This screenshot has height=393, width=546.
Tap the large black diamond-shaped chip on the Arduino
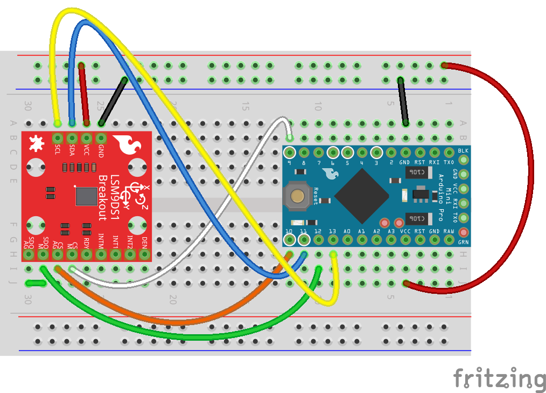(362, 196)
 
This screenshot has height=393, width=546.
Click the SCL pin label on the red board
(57, 150)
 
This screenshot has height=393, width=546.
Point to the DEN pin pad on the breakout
(144, 254)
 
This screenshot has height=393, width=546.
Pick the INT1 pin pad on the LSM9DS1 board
(115, 254)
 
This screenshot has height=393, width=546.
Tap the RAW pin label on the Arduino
(449, 231)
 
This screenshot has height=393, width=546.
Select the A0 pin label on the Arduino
(347, 231)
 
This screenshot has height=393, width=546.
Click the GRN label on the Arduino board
(463, 242)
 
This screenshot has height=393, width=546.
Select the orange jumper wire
(178, 322)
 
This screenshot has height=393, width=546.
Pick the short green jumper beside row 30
(36, 283)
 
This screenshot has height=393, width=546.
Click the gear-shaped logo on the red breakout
(36, 143)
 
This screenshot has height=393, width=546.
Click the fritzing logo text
(498, 378)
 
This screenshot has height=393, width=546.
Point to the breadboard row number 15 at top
(245, 107)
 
